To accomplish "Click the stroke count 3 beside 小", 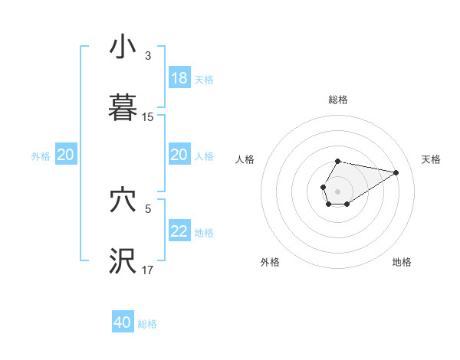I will [x=148, y=56].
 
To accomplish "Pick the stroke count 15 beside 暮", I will [x=148, y=117].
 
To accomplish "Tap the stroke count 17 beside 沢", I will [x=148, y=270].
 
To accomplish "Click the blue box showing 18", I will [x=179, y=78].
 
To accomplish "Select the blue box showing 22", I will [x=179, y=231].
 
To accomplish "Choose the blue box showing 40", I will [x=123, y=322].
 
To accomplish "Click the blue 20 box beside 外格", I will [x=66, y=155].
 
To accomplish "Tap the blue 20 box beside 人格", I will [x=179, y=155].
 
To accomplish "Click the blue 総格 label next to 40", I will [x=147, y=324].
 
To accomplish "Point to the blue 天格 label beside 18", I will [x=204, y=79].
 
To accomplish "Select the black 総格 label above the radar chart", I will [x=337, y=100].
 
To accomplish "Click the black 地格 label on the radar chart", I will [x=402, y=262].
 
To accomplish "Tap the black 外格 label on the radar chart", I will [x=270, y=262].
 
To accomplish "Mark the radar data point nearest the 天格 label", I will [x=396, y=172].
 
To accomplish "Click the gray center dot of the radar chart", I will [x=337, y=190].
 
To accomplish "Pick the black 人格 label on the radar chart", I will [x=245, y=159].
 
